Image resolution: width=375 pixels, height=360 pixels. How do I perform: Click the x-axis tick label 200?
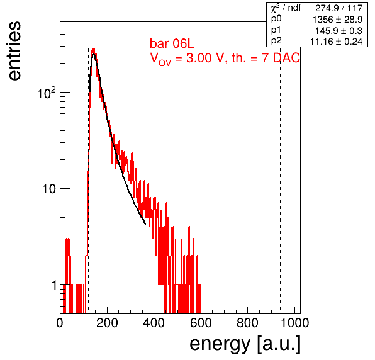tap(107, 323)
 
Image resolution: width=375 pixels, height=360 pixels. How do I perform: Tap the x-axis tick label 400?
tap(154, 323)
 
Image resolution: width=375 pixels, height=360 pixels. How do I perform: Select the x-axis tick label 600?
tap(201, 323)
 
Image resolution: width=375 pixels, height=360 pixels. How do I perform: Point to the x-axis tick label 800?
tap(247, 323)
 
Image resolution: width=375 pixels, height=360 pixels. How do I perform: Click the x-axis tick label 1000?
tap(294, 323)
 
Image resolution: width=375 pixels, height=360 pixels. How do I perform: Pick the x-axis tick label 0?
tap(60, 323)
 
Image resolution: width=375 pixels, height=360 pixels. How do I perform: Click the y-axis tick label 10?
tap(49, 189)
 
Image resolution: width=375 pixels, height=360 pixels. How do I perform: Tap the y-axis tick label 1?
tap(54, 285)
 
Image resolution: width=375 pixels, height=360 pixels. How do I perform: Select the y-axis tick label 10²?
tap(47, 93)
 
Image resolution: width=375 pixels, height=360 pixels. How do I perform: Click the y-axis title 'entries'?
tap(14, 51)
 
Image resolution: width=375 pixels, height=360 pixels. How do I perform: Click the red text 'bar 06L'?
tap(172, 43)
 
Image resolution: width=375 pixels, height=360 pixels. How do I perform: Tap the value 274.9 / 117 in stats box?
tap(339, 8)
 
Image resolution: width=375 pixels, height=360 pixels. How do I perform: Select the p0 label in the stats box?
tap(276, 19)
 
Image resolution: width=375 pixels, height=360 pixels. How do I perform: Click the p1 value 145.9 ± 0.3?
tap(339, 31)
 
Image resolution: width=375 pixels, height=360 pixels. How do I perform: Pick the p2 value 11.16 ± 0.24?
tap(336, 42)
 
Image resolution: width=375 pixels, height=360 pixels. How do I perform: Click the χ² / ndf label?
tap(286, 8)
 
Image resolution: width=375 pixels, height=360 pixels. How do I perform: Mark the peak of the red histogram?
tap(94, 48)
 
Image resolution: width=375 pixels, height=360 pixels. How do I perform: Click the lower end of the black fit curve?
tap(145, 224)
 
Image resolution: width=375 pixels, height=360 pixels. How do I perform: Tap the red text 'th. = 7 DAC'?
tap(266, 58)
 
